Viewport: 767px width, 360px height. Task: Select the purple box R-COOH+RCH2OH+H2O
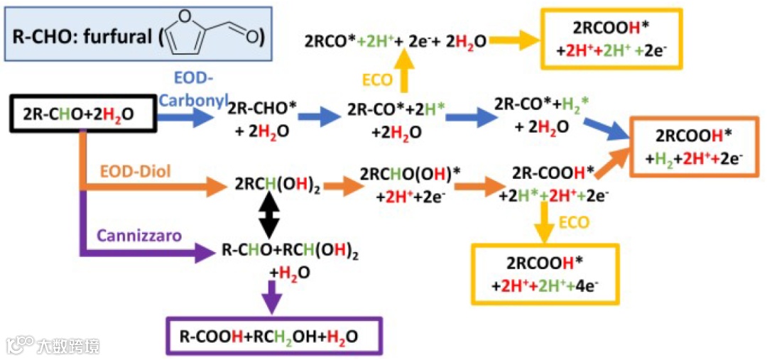(274, 336)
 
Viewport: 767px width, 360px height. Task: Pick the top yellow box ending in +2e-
(611, 39)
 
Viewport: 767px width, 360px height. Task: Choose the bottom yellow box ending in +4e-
(545, 274)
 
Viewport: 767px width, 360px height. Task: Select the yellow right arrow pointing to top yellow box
(513, 40)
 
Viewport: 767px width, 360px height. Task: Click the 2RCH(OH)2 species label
(277, 186)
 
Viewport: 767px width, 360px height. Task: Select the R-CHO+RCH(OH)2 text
(290, 251)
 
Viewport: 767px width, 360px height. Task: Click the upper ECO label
(376, 80)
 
